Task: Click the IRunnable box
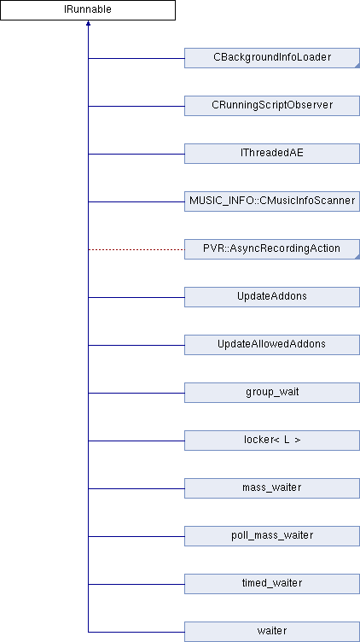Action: click(x=88, y=10)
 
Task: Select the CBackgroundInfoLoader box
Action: click(x=272, y=58)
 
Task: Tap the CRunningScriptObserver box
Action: click(x=272, y=106)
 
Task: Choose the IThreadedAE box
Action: click(x=272, y=154)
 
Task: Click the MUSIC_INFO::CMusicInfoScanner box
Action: click(x=272, y=201)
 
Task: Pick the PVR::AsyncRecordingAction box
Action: click(x=272, y=249)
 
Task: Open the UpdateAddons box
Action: click(x=272, y=297)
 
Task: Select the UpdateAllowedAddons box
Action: click(x=272, y=345)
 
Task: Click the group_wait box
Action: click(x=272, y=393)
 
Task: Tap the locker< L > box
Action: click(x=272, y=441)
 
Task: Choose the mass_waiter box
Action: click(x=272, y=488)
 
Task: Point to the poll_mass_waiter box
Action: click(x=272, y=536)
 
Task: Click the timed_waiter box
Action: click(x=272, y=584)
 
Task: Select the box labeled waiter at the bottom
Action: click(x=272, y=632)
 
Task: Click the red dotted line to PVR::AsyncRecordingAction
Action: click(x=136, y=249)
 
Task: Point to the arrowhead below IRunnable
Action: click(x=88, y=23)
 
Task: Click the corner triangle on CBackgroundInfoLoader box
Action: click(x=357, y=66)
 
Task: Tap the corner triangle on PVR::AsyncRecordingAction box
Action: click(x=357, y=257)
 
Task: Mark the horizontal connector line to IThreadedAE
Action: click(x=136, y=154)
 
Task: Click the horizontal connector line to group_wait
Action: click(x=136, y=393)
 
